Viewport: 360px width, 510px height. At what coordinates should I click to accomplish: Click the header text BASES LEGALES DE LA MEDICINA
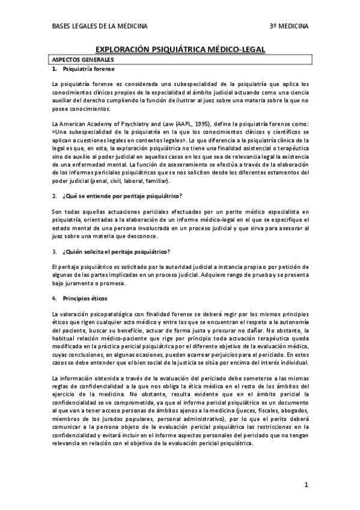[x=100, y=26]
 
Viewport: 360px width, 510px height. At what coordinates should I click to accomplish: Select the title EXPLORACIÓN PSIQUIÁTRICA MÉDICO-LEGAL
[x=180, y=51]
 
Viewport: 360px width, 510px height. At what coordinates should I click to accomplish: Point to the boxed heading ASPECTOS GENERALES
[x=82, y=60]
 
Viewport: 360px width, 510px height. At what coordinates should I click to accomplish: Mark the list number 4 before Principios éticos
[x=54, y=298]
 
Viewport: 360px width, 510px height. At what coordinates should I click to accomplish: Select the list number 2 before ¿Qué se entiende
[x=54, y=196]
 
